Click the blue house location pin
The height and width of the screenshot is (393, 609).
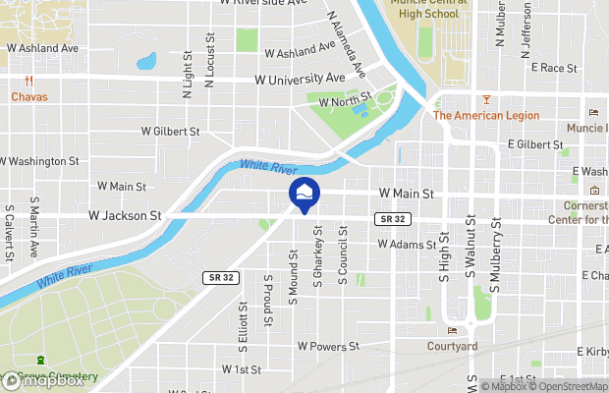click(304, 193)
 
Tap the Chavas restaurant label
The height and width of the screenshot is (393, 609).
click(29, 97)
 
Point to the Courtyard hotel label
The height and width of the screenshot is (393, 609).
click(452, 345)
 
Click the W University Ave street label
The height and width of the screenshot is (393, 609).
click(300, 78)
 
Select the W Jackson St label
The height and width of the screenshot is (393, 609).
click(125, 214)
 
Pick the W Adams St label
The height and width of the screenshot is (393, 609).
click(405, 244)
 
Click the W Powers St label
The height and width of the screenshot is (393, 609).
click(328, 346)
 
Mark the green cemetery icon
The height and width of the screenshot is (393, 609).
click(41, 364)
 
